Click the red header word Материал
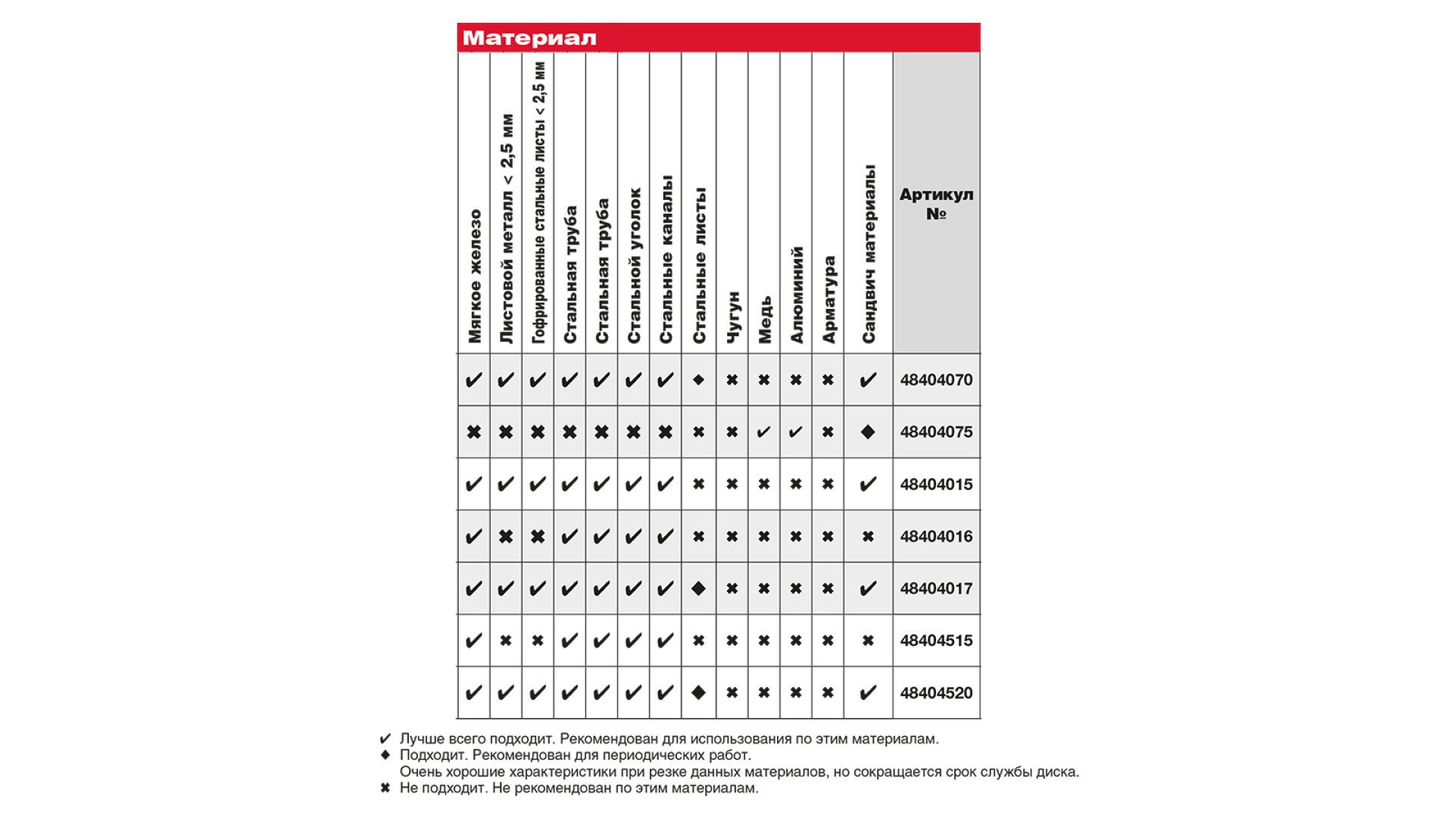tap(529, 38)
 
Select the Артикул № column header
tap(936, 204)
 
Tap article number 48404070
tap(936, 379)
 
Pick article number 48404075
tap(936, 432)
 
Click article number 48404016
tap(936, 536)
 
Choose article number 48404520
tap(936, 692)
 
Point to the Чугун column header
tap(733, 317)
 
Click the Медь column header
tap(765, 319)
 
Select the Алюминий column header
tap(797, 295)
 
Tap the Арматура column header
tap(828, 299)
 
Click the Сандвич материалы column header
tap(869, 254)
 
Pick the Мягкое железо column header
tap(474, 276)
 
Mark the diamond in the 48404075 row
tap(868, 432)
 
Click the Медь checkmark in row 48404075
tap(763, 432)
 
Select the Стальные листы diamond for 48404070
tap(698, 379)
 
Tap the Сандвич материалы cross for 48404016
tap(868, 536)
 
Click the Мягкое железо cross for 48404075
tap(473, 432)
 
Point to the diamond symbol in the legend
tap(385, 754)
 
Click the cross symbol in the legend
tap(385, 788)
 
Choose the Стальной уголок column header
tap(634, 265)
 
